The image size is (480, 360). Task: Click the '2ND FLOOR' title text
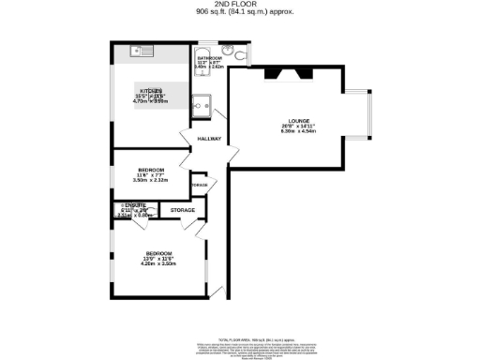tap(239, 5)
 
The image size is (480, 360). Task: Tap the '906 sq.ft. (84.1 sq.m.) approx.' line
tap(239, 12)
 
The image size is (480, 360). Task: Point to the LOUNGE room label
tap(298, 121)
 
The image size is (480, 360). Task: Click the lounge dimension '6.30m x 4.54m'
tap(298, 131)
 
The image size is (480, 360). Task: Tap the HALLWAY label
tap(209, 140)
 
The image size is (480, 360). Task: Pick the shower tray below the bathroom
tap(202, 103)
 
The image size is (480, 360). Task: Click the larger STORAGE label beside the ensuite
tap(183, 210)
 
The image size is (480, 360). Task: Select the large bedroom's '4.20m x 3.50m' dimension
tap(158, 263)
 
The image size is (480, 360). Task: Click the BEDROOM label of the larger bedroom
tap(158, 253)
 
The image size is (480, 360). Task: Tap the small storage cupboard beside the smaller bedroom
tap(198, 186)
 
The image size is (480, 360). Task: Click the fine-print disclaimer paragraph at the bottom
tap(239, 339)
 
